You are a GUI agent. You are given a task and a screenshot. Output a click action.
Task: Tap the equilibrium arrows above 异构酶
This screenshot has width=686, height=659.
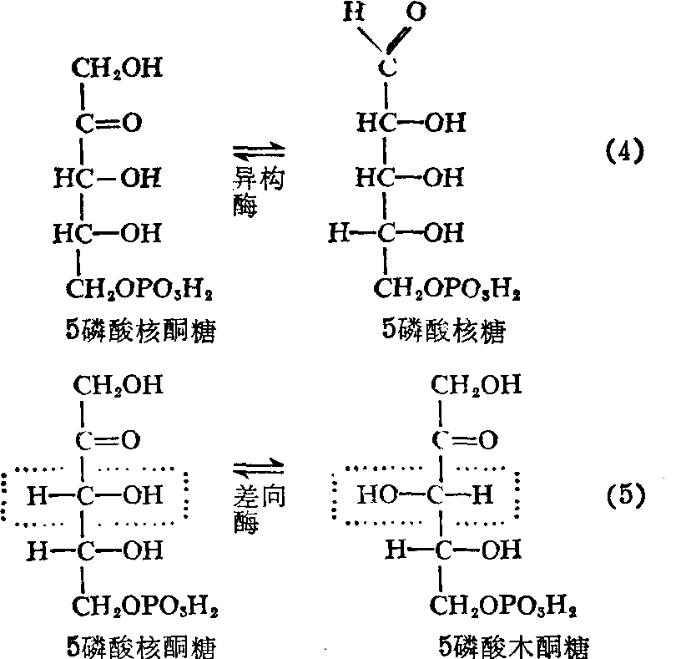click(259, 151)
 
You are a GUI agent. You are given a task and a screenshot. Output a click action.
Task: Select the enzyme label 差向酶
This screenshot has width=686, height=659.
click(259, 509)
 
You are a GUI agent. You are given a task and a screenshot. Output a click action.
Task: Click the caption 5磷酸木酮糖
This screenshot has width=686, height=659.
click(517, 646)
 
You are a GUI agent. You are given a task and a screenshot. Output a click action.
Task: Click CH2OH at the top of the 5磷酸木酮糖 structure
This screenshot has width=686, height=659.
click(477, 385)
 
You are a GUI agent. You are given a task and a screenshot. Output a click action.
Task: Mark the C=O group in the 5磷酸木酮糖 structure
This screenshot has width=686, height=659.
click(464, 439)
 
